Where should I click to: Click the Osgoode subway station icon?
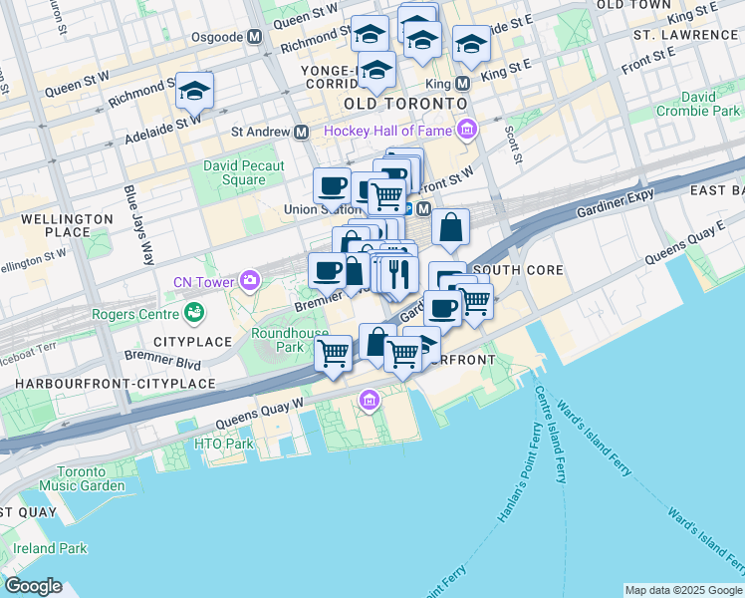[255, 36]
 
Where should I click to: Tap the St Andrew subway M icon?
[300, 132]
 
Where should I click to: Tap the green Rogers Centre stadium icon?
[195, 315]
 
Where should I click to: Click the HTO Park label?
[224, 444]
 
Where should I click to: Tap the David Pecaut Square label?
[243, 173]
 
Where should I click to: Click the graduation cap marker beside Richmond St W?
[194, 90]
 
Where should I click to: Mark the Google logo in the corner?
[33, 586]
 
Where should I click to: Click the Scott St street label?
[514, 143]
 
